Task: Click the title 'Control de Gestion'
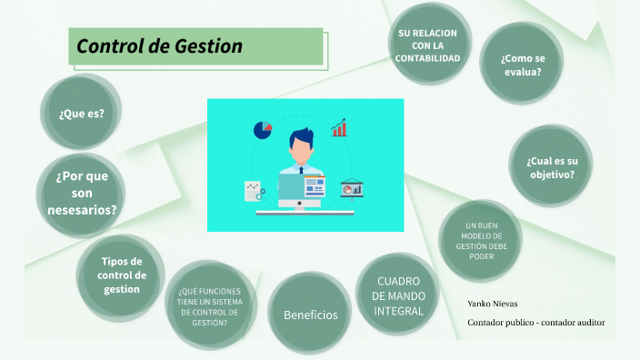[160, 45]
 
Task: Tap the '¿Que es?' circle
[82, 114]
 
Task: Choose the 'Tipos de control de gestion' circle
[122, 275]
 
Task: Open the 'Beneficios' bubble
[310, 315]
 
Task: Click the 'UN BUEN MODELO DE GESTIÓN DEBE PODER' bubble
[481, 240]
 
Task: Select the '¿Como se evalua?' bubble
[521, 64]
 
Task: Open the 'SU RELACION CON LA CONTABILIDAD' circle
[427, 45]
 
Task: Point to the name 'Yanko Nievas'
[493, 304]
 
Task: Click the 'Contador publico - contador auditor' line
[535, 323]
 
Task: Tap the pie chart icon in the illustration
[263, 129]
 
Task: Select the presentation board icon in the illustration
[351, 188]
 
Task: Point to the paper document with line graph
[254, 190]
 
